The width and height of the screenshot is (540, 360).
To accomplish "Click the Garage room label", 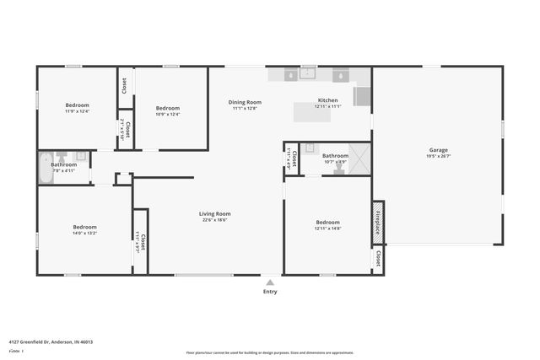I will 438,149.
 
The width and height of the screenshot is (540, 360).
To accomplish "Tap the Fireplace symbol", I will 378,223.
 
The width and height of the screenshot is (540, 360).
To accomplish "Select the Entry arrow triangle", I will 270,283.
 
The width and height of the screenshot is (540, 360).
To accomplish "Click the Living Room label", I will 215,213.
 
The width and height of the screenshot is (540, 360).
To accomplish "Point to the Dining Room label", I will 245,102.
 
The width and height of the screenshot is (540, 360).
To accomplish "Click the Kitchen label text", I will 327,99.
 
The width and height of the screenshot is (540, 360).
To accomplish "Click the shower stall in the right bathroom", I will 359,159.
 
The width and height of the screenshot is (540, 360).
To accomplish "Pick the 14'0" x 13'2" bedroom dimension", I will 84,234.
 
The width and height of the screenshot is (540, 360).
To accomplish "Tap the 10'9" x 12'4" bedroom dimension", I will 168,114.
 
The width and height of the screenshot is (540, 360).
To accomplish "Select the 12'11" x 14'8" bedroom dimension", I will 327,228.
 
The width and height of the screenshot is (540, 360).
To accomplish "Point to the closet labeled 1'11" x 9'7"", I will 140,242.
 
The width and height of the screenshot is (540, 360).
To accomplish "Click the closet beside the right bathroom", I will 291,157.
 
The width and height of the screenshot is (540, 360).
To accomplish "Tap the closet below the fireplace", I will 378,258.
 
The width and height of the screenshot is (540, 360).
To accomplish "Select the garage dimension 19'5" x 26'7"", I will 438,156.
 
